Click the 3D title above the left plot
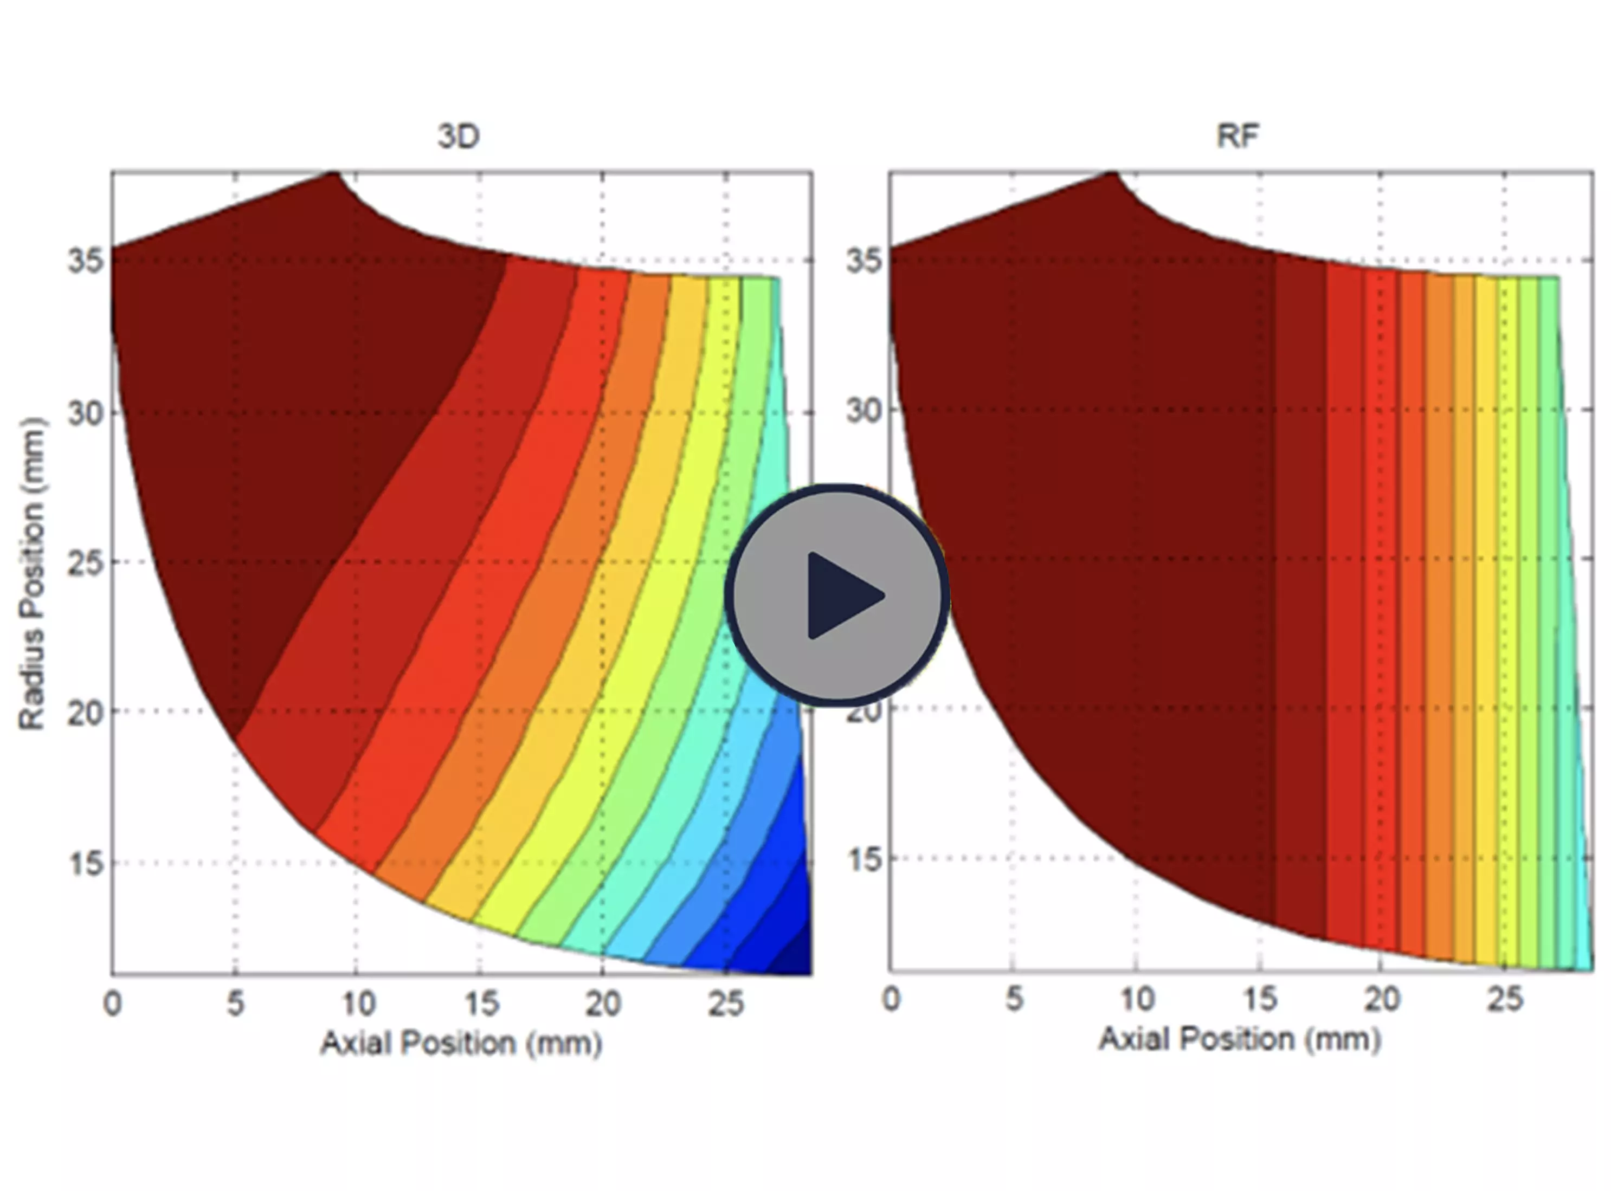pos(458,136)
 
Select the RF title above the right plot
pos(1238,135)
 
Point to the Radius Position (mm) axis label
pos(33,573)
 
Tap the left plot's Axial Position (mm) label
pos(461,1043)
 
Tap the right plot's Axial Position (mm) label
pos(1239,1039)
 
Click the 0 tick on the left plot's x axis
pos(113,1003)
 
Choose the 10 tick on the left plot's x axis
pos(358,1003)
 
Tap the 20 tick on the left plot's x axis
pos(603,1003)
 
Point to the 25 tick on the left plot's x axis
pos(725,1003)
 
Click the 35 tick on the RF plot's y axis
pos(864,260)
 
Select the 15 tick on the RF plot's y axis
pos(864,859)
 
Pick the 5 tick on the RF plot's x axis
pos(1014,999)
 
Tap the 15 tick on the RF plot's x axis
pos(1259,999)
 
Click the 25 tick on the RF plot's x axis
pos(1504,999)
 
